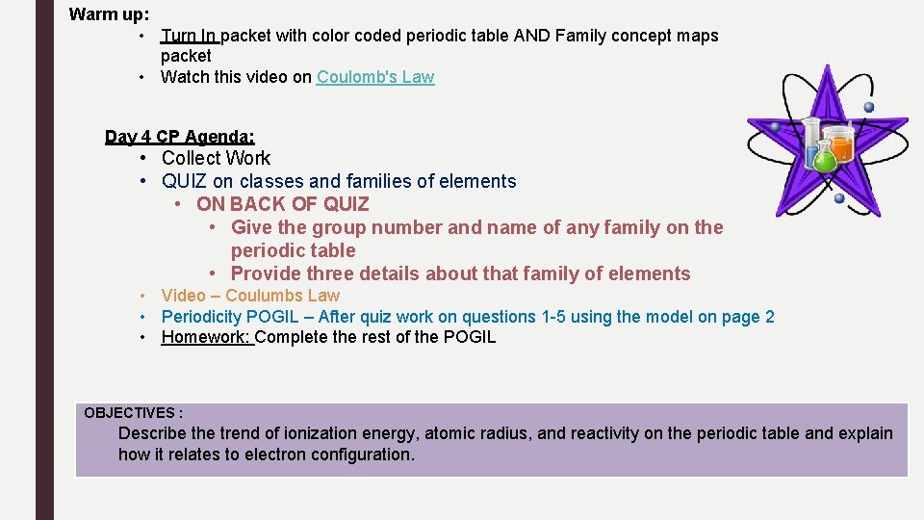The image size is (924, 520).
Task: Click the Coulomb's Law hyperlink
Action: (x=375, y=77)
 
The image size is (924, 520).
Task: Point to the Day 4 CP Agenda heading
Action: (x=179, y=137)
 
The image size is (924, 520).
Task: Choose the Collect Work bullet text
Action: (x=216, y=158)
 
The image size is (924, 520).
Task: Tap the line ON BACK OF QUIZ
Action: (x=282, y=204)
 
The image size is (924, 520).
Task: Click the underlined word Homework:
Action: (x=206, y=337)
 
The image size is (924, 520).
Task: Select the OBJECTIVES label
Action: (x=133, y=412)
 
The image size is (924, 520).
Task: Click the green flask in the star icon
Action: (x=824, y=158)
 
